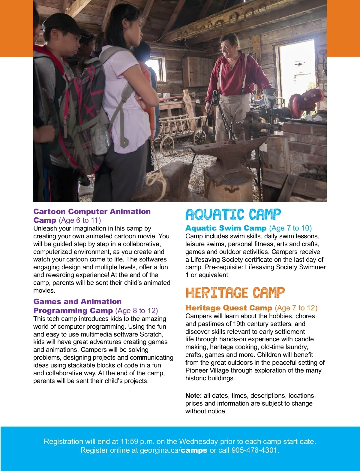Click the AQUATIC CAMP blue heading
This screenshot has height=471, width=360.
pyautogui.click(x=233, y=214)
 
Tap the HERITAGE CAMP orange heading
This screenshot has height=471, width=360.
pyautogui.click(x=235, y=293)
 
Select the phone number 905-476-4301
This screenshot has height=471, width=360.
pyautogui.click(x=255, y=450)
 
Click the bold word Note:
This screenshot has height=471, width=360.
pyautogui.click(x=193, y=396)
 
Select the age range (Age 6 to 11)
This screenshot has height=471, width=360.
pyautogui.click(x=80, y=220)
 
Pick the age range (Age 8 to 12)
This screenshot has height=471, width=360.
pyautogui.click(x=136, y=310)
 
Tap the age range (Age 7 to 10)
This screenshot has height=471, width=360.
pyautogui.click(x=290, y=228)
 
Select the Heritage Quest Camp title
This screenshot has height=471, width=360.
pyautogui.click(x=229, y=308)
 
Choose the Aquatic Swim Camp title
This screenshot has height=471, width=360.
pyautogui.click(x=226, y=228)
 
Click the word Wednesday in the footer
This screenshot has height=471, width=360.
pyautogui.click(x=198, y=442)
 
